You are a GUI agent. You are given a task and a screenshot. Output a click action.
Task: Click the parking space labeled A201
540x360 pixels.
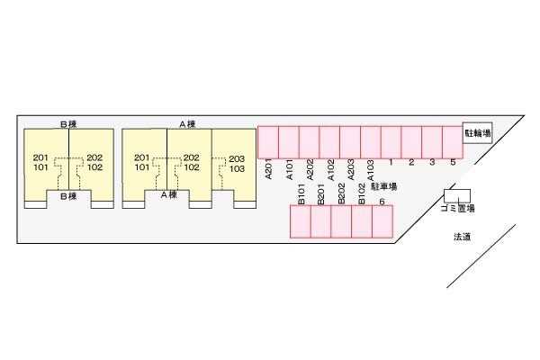[268, 141]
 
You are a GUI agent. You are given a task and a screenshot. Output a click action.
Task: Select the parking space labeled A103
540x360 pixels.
[371, 141]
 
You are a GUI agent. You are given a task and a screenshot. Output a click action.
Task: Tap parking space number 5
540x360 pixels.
[453, 141]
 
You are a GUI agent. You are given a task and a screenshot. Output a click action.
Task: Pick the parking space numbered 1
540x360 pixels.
[391, 141]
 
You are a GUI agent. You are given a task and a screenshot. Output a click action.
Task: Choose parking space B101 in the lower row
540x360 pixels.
[300, 221]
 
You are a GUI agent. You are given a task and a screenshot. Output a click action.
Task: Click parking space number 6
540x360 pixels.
[382, 221]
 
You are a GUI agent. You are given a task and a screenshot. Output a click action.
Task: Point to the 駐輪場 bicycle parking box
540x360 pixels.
[477, 133]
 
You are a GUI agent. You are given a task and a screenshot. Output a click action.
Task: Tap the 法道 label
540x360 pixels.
[463, 238]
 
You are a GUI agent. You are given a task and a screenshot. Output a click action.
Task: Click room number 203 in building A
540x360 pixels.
[237, 158]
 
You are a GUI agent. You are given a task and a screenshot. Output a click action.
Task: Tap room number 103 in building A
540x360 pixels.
[237, 168]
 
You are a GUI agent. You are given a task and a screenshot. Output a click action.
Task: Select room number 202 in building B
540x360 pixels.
[94, 157]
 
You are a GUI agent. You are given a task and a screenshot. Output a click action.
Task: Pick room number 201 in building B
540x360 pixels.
[40, 157]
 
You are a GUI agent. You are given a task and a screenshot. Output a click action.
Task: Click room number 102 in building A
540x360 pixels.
[191, 167]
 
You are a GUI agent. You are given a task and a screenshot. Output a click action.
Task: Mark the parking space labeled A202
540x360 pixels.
[309, 141]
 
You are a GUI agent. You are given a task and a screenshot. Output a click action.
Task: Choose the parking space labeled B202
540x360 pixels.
[341, 221]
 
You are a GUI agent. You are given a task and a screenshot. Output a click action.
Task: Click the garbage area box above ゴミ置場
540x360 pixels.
[457, 195]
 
